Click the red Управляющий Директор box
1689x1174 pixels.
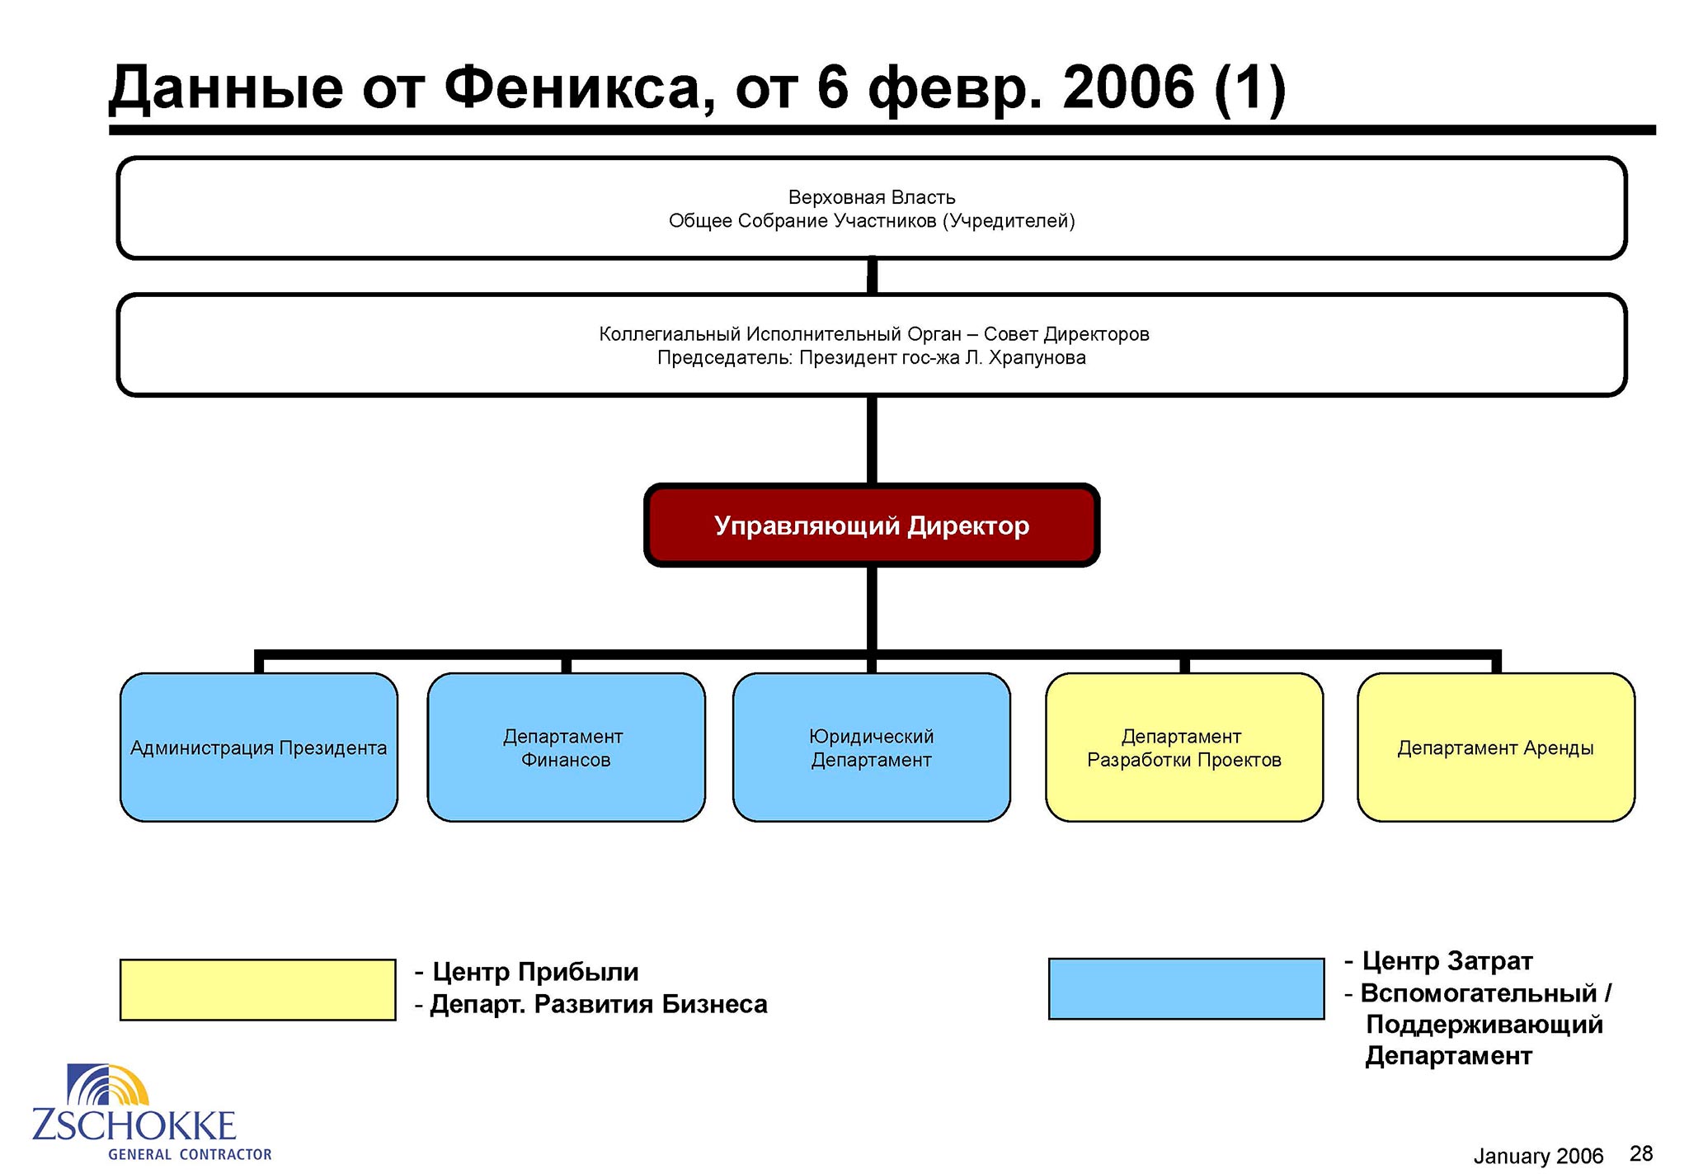click(872, 526)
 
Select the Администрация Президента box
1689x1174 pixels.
click(259, 747)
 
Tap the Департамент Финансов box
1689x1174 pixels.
click(566, 747)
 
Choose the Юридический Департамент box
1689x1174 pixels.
click(872, 747)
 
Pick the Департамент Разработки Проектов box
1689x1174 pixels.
click(1184, 747)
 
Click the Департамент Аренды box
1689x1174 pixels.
click(1496, 747)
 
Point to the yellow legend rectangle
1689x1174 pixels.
click(258, 990)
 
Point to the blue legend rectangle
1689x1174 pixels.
click(1187, 989)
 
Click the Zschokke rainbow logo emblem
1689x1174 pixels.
click(109, 1085)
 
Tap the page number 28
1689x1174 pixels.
click(1641, 1153)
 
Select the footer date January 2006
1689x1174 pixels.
click(1538, 1156)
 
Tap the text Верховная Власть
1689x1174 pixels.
click(872, 197)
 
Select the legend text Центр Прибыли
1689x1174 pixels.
click(535, 972)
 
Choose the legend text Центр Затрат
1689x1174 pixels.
click(1447, 961)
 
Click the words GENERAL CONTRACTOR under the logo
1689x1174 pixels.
click(190, 1154)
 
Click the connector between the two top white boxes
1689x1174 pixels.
click(872, 276)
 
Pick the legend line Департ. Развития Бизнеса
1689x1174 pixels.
click(599, 1004)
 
